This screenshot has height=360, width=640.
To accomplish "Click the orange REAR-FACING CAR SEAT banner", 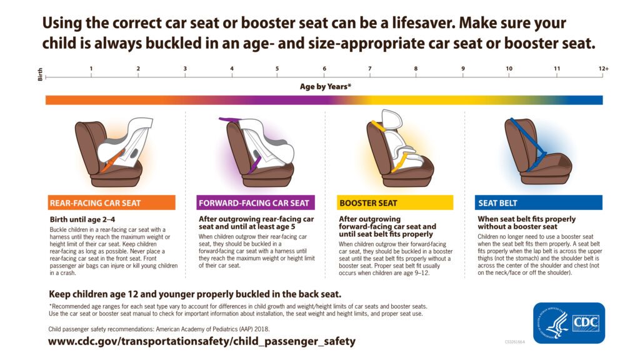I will pos(111,202).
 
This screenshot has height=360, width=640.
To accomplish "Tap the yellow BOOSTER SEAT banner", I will pos(395,202).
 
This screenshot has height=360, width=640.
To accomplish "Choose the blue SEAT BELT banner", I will pos(538,202).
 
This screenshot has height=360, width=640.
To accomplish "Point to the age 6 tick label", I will pos(324,68).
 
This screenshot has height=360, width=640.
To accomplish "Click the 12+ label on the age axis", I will pos(602,68).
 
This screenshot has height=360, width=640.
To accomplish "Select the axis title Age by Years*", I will pos(325,87).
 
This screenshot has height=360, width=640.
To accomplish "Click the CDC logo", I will pos(585,322).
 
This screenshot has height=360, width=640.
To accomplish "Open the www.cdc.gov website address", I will pos(201,341).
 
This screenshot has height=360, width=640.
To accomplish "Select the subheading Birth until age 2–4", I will pos(82,219).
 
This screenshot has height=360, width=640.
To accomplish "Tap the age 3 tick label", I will pos(185,68).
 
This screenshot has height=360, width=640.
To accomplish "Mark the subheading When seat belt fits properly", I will pos(526,219).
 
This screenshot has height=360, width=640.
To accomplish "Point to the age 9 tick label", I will pos(463,68).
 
